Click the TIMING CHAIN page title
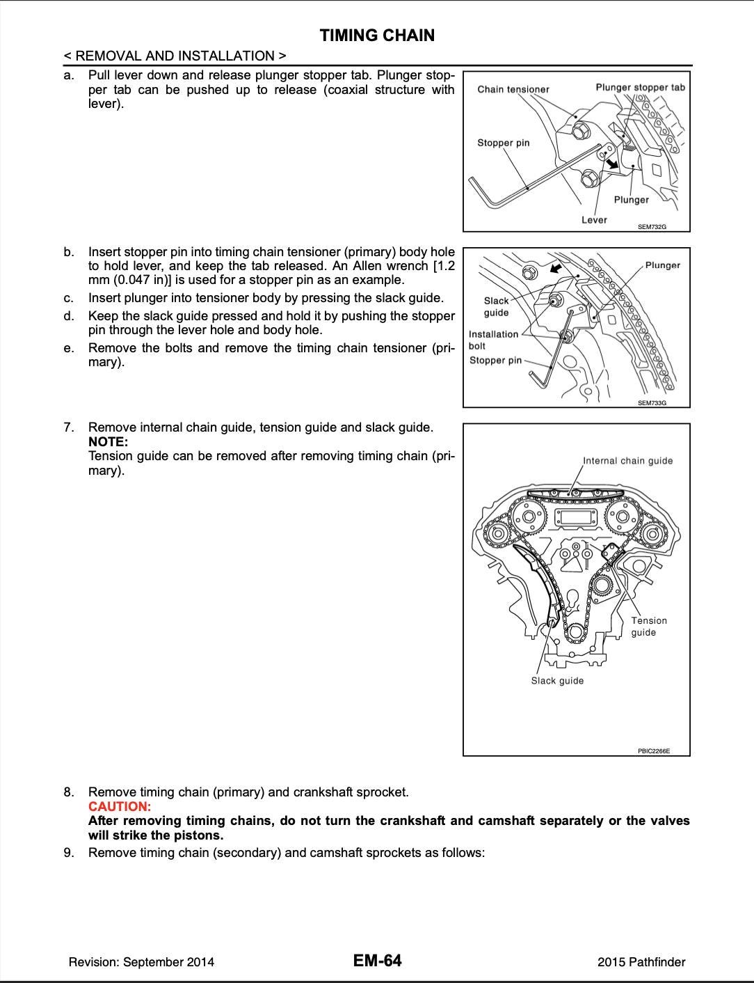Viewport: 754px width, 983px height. tap(377, 36)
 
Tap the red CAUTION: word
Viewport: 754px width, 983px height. tap(119, 806)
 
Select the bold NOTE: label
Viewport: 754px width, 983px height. tap(108, 441)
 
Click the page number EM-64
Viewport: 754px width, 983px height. tap(377, 961)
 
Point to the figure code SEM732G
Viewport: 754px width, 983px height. tap(652, 226)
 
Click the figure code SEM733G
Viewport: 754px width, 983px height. tap(652, 402)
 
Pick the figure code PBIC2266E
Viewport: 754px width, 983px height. tap(654, 751)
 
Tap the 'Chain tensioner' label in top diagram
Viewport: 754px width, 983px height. tap(513, 89)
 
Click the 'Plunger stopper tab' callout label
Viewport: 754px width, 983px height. tap(640, 87)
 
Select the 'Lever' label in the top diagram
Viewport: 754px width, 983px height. tap(594, 220)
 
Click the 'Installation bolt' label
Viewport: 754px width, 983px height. tap(493, 340)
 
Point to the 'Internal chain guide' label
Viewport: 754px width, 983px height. tap(627, 460)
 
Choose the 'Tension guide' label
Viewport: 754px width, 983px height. tap(648, 626)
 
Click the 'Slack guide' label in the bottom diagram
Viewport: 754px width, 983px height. tap(557, 680)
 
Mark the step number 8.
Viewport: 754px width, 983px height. tap(68, 792)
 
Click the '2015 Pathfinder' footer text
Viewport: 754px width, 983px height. tap(641, 962)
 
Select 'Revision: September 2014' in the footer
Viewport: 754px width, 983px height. tap(141, 962)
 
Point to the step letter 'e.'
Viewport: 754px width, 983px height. tap(68, 348)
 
